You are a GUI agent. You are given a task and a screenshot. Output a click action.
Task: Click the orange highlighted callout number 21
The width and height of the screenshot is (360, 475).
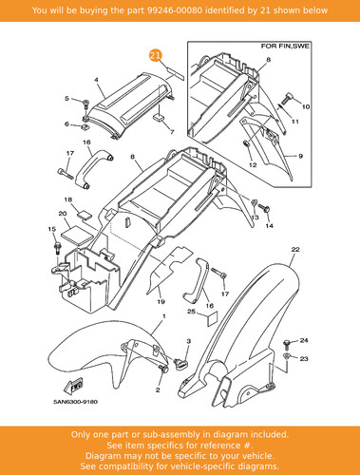pos(155,56)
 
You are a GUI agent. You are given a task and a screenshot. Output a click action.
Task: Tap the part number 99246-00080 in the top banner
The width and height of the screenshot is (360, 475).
pos(175,10)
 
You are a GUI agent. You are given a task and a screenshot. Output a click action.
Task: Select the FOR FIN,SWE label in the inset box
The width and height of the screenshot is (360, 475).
pos(285,47)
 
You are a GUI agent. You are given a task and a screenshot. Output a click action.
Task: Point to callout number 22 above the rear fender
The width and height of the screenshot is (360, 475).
pos(295,250)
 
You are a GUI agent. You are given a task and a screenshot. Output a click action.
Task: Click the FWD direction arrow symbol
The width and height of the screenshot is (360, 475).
pos(75,385)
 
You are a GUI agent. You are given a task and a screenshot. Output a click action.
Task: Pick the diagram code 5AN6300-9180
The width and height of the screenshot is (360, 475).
pos(75,402)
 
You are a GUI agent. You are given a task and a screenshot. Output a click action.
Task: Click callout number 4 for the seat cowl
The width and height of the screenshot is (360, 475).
pos(96,80)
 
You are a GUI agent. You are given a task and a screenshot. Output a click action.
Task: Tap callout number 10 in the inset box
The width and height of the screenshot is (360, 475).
pos(306,106)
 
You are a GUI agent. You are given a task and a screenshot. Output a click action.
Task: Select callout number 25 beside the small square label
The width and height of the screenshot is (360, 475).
pos(191,312)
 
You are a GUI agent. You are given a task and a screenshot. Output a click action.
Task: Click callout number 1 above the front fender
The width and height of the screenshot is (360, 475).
pos(164,316)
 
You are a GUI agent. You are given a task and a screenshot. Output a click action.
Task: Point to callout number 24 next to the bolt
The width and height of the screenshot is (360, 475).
pos(304,340)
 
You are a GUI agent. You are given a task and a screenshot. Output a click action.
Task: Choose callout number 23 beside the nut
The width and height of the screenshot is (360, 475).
pos(304,359)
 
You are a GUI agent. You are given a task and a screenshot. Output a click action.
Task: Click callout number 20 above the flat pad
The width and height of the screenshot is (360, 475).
pos(63,214)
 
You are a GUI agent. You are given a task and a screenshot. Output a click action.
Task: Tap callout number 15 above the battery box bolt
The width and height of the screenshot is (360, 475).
pos(51,229)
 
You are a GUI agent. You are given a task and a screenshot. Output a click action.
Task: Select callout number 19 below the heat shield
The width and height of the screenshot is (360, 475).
pos(161,302)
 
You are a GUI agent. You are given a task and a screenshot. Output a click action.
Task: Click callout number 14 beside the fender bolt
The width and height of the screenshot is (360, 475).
pos(269,226)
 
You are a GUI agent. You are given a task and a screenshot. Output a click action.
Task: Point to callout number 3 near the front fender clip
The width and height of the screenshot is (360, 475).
pos(189,341)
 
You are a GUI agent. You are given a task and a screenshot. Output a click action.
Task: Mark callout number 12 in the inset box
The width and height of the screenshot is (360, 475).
pos(253,165)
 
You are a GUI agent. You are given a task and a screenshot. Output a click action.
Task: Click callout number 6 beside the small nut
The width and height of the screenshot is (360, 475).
pos(66,124)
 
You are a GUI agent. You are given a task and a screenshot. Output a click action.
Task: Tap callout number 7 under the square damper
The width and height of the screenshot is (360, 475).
pos(172,132)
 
